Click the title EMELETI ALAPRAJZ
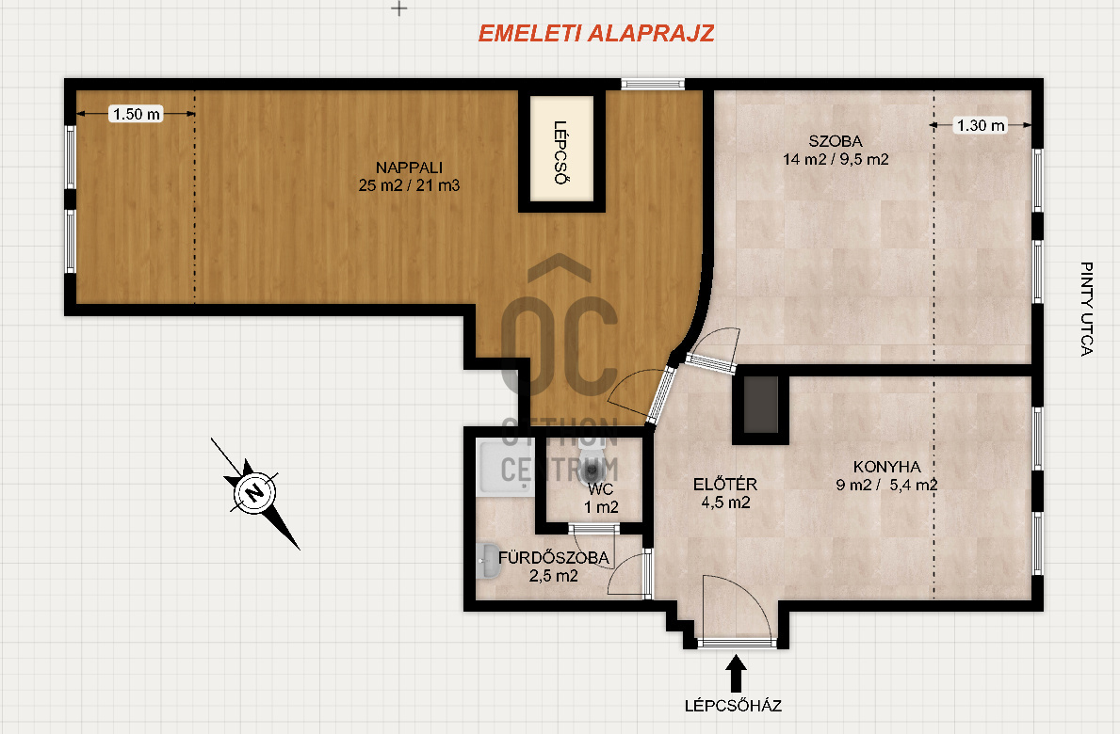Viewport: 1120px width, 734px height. pos(595,34)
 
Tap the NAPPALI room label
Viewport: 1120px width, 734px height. pos(410,168)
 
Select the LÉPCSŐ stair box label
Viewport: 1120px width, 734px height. pos(561,152)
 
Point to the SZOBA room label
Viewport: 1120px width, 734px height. pos(835,141)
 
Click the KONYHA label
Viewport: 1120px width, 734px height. pos(886,467)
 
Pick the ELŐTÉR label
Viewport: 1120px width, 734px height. pos(725,485)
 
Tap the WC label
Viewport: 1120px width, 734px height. pos(601,489)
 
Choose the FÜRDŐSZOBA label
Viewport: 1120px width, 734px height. pos(554,558)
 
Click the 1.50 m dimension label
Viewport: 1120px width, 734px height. pos(137,114)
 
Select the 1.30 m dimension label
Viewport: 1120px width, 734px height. pos(980,125)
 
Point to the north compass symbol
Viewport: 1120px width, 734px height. pos(254,492)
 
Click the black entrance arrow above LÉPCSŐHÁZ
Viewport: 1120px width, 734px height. pos(736,674)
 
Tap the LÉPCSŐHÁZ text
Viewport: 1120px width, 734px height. pos(733,706)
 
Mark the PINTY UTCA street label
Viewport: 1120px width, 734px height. pos(1086,309)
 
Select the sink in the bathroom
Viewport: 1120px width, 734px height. pos(489,562)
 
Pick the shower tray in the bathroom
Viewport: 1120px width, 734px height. pos(505,468)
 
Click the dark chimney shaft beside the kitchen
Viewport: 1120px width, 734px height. pos(761,405)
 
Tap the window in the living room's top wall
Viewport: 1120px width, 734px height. pos(653,84)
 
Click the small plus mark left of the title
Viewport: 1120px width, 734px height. pos(399,8)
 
